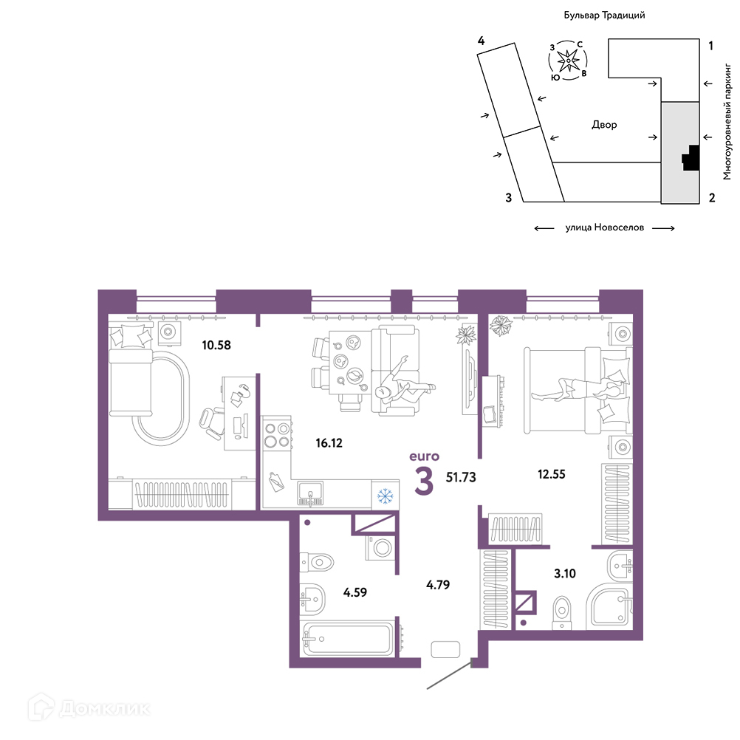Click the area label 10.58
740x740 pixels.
(x=216, y=345)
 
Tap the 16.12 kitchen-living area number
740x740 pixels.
(x=329, y=442)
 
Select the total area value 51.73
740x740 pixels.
(x=461, y=477)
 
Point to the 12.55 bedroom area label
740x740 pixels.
(x=551, y=474)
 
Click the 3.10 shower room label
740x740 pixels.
(x=564, y=573)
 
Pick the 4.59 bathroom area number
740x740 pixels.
(x=355, y=592)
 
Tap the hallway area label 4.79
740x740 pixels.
(x=438, y=585)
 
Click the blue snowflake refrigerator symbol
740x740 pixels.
(x=385, y=496)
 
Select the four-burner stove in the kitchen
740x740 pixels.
(x=277, y=435)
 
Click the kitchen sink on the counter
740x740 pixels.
(x=310, y=493)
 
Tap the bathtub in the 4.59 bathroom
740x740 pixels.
(x=349, y=640)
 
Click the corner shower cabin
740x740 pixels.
(x=609, y=607)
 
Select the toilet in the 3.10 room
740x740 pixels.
(x=561, y=612)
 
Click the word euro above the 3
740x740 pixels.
(x=424, y=456)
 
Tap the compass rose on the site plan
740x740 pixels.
(x=568, y=61)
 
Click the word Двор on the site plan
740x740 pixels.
(x=604, y=125)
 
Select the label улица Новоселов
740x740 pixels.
(x=605, y=227)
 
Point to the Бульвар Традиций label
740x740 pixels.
(x=604, y=15)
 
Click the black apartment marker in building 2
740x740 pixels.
(x=690, y=157)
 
